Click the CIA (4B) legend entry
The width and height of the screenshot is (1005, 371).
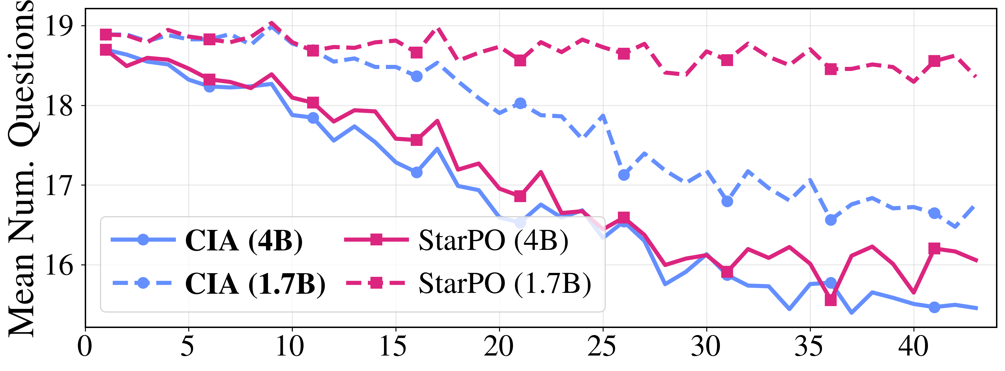pyautogui.click(x=244, y=241)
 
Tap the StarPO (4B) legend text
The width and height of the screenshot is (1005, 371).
pyautogui.click(x=493, y=241)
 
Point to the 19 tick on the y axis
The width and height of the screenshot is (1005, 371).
pyautogui.click(x=59, y=26)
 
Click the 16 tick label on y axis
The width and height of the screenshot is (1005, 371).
pyautogui.click(x=59, y=265)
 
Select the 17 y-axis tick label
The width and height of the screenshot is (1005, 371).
pyautogui.click(x=59, y=185)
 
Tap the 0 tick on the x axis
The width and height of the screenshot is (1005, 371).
pyautogui.click(x=85, y=346)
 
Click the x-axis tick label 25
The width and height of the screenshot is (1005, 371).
pyautogui.click(x=603, y=346)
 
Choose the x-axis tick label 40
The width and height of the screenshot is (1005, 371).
pyautogui.click(x=913, y=346)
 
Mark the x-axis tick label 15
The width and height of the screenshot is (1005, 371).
pyautogui.click(x=395, y=346)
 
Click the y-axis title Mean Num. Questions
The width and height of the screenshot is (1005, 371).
pyautogui.click(x=21, y=168)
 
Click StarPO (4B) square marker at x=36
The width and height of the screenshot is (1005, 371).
pyautogui.click(x=831, y=300)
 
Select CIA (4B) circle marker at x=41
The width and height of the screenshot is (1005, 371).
pyautogui.click(x=934, y=307)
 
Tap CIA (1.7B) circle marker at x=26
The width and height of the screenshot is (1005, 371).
pyautogui.click(x=624, y=175)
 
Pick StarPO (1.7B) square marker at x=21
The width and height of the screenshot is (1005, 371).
pyautogui.click(x=520, y=61)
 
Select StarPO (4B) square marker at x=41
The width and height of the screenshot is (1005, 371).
pyautogui.click(x=934, y=248)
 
